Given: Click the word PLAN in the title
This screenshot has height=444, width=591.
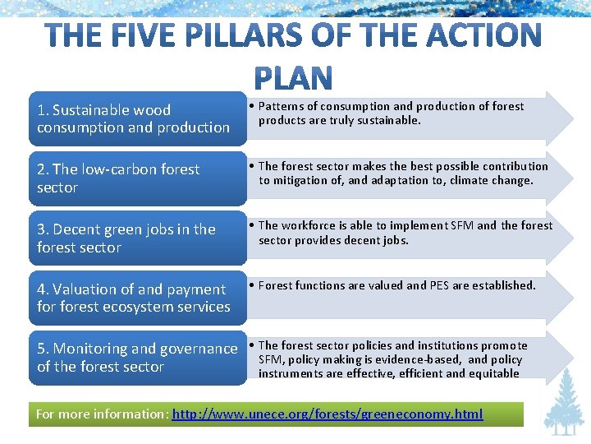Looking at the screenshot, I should click(x=293, y=78).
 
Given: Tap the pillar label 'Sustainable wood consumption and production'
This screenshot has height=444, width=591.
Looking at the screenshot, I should click(x=133, y=118).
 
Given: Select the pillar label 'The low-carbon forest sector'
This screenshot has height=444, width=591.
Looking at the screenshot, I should click(x=118, y=178).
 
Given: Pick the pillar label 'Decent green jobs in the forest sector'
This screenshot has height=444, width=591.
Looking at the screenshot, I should click(x=125, y=238).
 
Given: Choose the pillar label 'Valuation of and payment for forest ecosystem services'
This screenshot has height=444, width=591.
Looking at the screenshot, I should click(x=133, y=298).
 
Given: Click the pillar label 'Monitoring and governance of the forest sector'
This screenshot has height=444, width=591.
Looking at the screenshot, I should click(x=137, y=358).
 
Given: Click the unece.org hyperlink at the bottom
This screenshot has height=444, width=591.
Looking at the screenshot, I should click(x=328, y=414).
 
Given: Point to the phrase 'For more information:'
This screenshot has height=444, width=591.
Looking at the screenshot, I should click(x=103, y=414).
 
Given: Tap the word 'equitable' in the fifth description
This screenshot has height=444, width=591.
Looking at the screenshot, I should click(x=493, y=373).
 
